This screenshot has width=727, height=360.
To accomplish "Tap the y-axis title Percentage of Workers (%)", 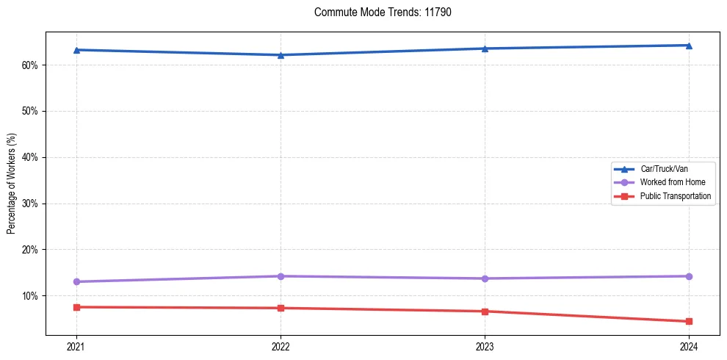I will tap(12, 184).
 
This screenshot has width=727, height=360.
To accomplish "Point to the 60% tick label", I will tap(29, 65).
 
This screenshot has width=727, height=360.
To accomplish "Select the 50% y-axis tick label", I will tap(29, 112).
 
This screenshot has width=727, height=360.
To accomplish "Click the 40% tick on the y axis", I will tap(29, 157).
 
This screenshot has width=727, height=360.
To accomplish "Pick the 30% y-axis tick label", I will tap(29, 204).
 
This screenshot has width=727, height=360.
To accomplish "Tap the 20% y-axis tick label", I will tap(29, 250).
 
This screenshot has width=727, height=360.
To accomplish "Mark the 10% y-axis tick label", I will tap(29, 296).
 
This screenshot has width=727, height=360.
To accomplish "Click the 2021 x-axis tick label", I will tap(76, 345).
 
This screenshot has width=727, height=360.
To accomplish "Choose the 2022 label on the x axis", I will tap(281, 345).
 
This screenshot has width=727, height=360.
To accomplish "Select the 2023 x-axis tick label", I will tap(485, 345).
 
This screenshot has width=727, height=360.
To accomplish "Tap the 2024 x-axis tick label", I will tap(689, 345).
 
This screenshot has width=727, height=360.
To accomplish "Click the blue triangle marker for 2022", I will tap(281, 55).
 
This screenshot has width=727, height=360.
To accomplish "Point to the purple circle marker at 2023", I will tap(485, 278).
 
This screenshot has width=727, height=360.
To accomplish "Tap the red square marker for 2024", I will tap(689, 321).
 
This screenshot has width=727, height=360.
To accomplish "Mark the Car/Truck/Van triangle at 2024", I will tap(689, 46).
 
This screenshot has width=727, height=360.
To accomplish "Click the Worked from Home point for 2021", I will tap(76, 281).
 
